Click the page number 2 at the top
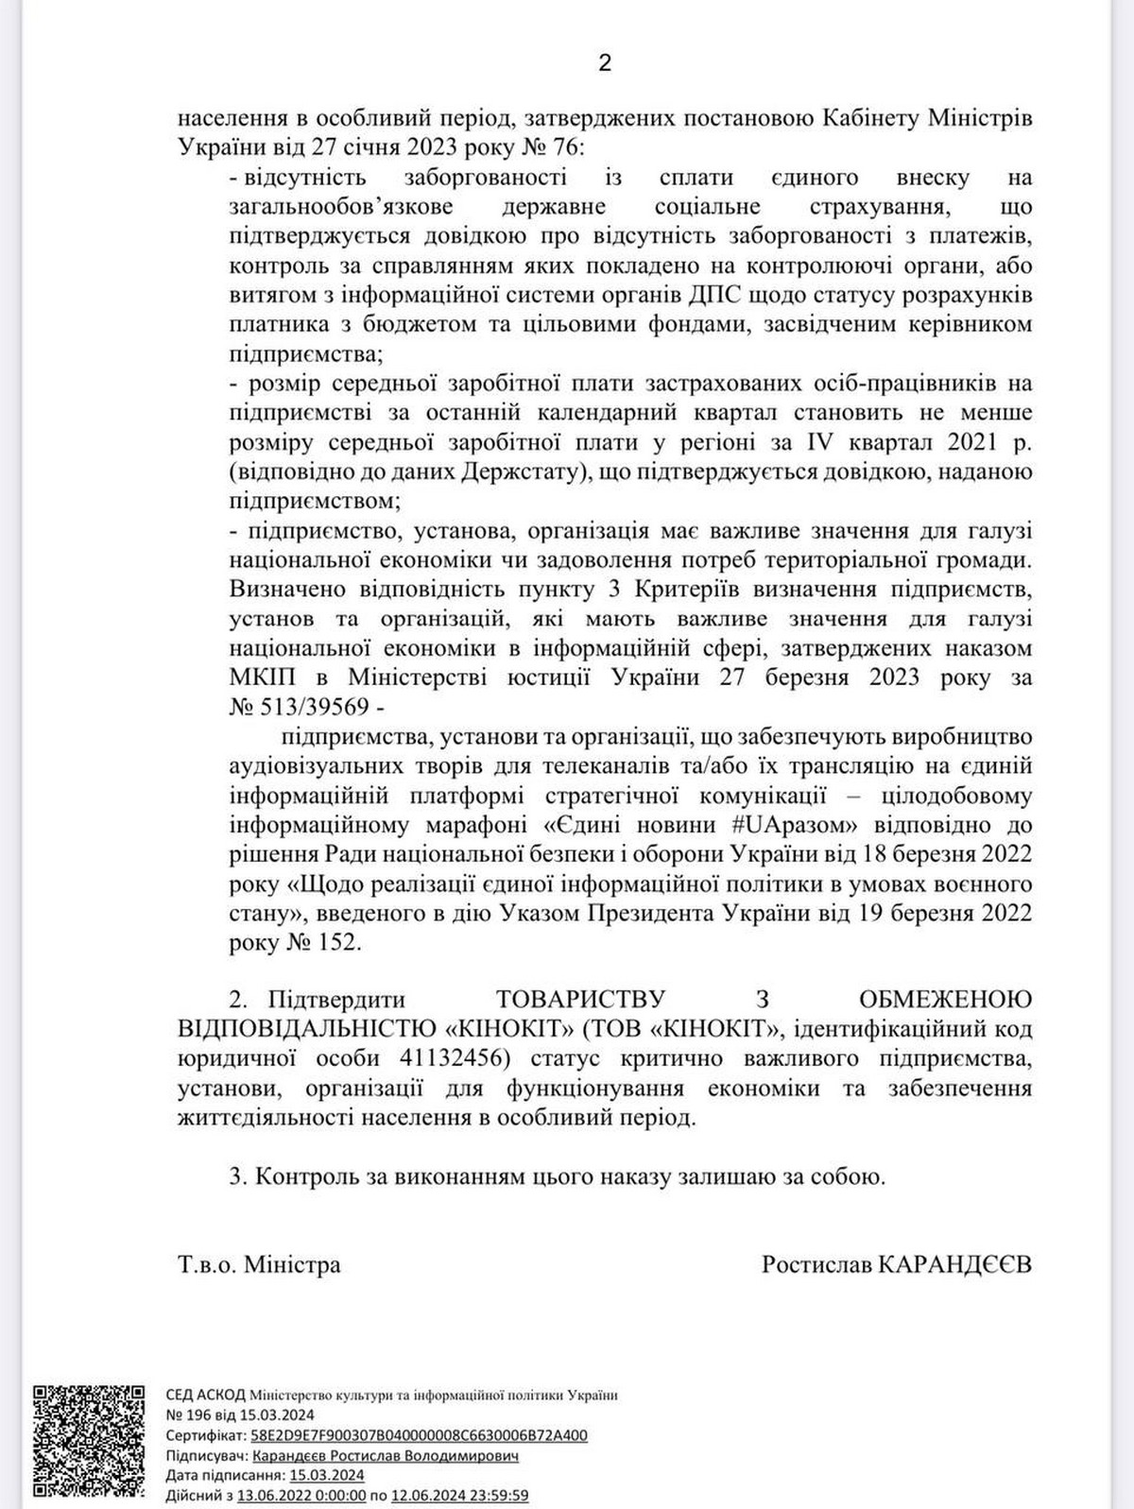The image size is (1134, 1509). point(605,62)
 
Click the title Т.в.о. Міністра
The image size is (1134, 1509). point(259,1264)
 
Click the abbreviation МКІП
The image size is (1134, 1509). point(262,677)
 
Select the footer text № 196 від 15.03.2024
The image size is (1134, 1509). point(240,1415)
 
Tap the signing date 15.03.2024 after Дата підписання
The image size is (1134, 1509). point(327,1475)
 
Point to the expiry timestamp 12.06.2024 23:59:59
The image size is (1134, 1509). point(460,1496)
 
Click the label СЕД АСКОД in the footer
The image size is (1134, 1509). point(206,1395)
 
